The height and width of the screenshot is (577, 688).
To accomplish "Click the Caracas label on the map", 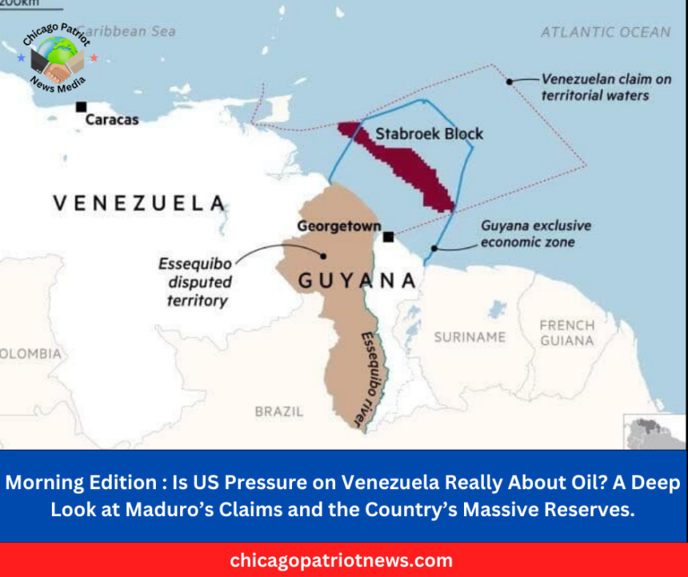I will coord(111,120).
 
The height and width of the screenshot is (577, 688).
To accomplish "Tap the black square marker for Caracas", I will coord(81,106).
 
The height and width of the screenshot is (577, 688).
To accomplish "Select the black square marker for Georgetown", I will coord(388,237).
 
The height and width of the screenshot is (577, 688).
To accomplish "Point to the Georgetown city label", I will coord(338,226).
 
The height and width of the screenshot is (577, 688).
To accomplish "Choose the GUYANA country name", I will coord(357,281).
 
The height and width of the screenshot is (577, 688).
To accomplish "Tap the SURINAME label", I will coord(470,337).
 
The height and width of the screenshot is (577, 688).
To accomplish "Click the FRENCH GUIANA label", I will coord(566,333).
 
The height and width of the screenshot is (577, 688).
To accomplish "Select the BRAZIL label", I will coord(279,411).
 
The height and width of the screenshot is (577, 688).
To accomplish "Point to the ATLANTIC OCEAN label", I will coord(605,33).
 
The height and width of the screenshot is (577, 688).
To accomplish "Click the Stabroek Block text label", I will coord(429,134).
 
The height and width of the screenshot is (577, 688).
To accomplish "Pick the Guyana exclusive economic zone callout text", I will coord(535,234).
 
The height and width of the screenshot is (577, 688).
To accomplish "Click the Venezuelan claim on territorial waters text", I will coord(594,87).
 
